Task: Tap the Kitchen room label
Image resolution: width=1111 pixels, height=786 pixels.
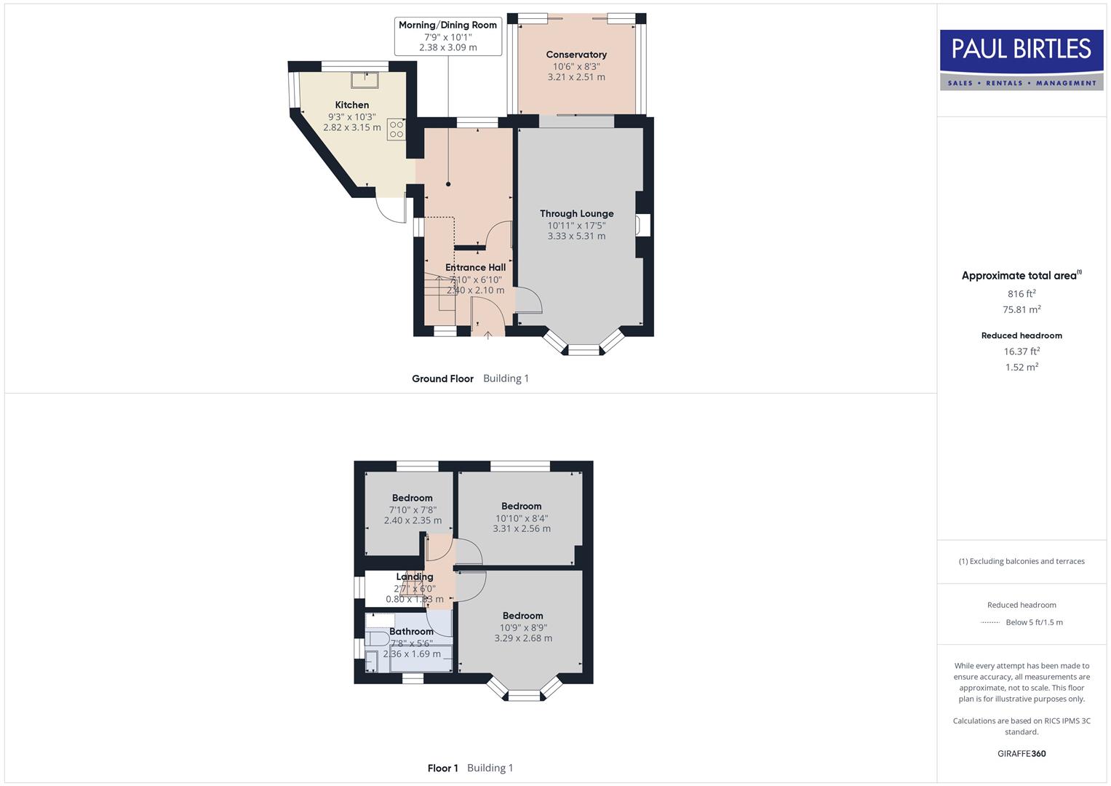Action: pos(352,105)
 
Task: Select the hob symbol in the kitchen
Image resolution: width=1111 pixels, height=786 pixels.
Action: pos(396,130)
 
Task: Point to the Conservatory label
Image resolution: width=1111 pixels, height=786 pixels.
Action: pos(576,55)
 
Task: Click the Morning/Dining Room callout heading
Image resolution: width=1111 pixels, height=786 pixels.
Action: pos(447,25)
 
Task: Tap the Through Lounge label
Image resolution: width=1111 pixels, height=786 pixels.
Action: pos(577,213)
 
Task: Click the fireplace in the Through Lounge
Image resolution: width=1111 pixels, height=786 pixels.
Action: pos(643,225)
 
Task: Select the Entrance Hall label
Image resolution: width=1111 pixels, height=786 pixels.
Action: pos(475,267)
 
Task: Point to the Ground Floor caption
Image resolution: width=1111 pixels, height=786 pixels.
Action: pos(442,378)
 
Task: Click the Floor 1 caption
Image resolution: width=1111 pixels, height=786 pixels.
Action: pos(442,768)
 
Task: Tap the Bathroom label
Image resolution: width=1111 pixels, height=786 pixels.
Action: pos(411,632)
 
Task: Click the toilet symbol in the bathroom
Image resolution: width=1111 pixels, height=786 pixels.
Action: pos(377,639)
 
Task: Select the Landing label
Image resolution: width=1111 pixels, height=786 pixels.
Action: pos(415,577)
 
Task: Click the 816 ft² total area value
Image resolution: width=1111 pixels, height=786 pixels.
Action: pos(1022,294)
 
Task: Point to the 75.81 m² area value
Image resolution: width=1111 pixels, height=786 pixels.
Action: pos(1022,309)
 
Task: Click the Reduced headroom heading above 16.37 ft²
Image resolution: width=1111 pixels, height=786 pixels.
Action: pos(1022,336)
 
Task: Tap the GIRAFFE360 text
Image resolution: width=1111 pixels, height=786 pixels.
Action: pos(1022,754)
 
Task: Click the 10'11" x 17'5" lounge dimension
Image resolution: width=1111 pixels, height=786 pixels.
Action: pos(577,226)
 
